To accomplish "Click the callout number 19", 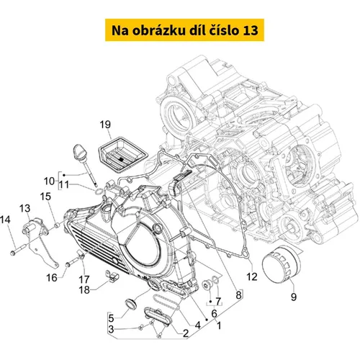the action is point(105,125).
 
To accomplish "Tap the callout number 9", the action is point(294,297).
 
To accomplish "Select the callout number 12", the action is point(252,276).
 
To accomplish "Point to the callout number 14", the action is point(5,220).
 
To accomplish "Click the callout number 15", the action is point(45,197).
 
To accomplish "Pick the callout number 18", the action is point(84,290).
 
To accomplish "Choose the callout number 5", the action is point(111,318).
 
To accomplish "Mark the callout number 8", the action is point(238,295).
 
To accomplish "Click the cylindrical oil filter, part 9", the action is point(281,265).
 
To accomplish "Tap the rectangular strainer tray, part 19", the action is point(122,153).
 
